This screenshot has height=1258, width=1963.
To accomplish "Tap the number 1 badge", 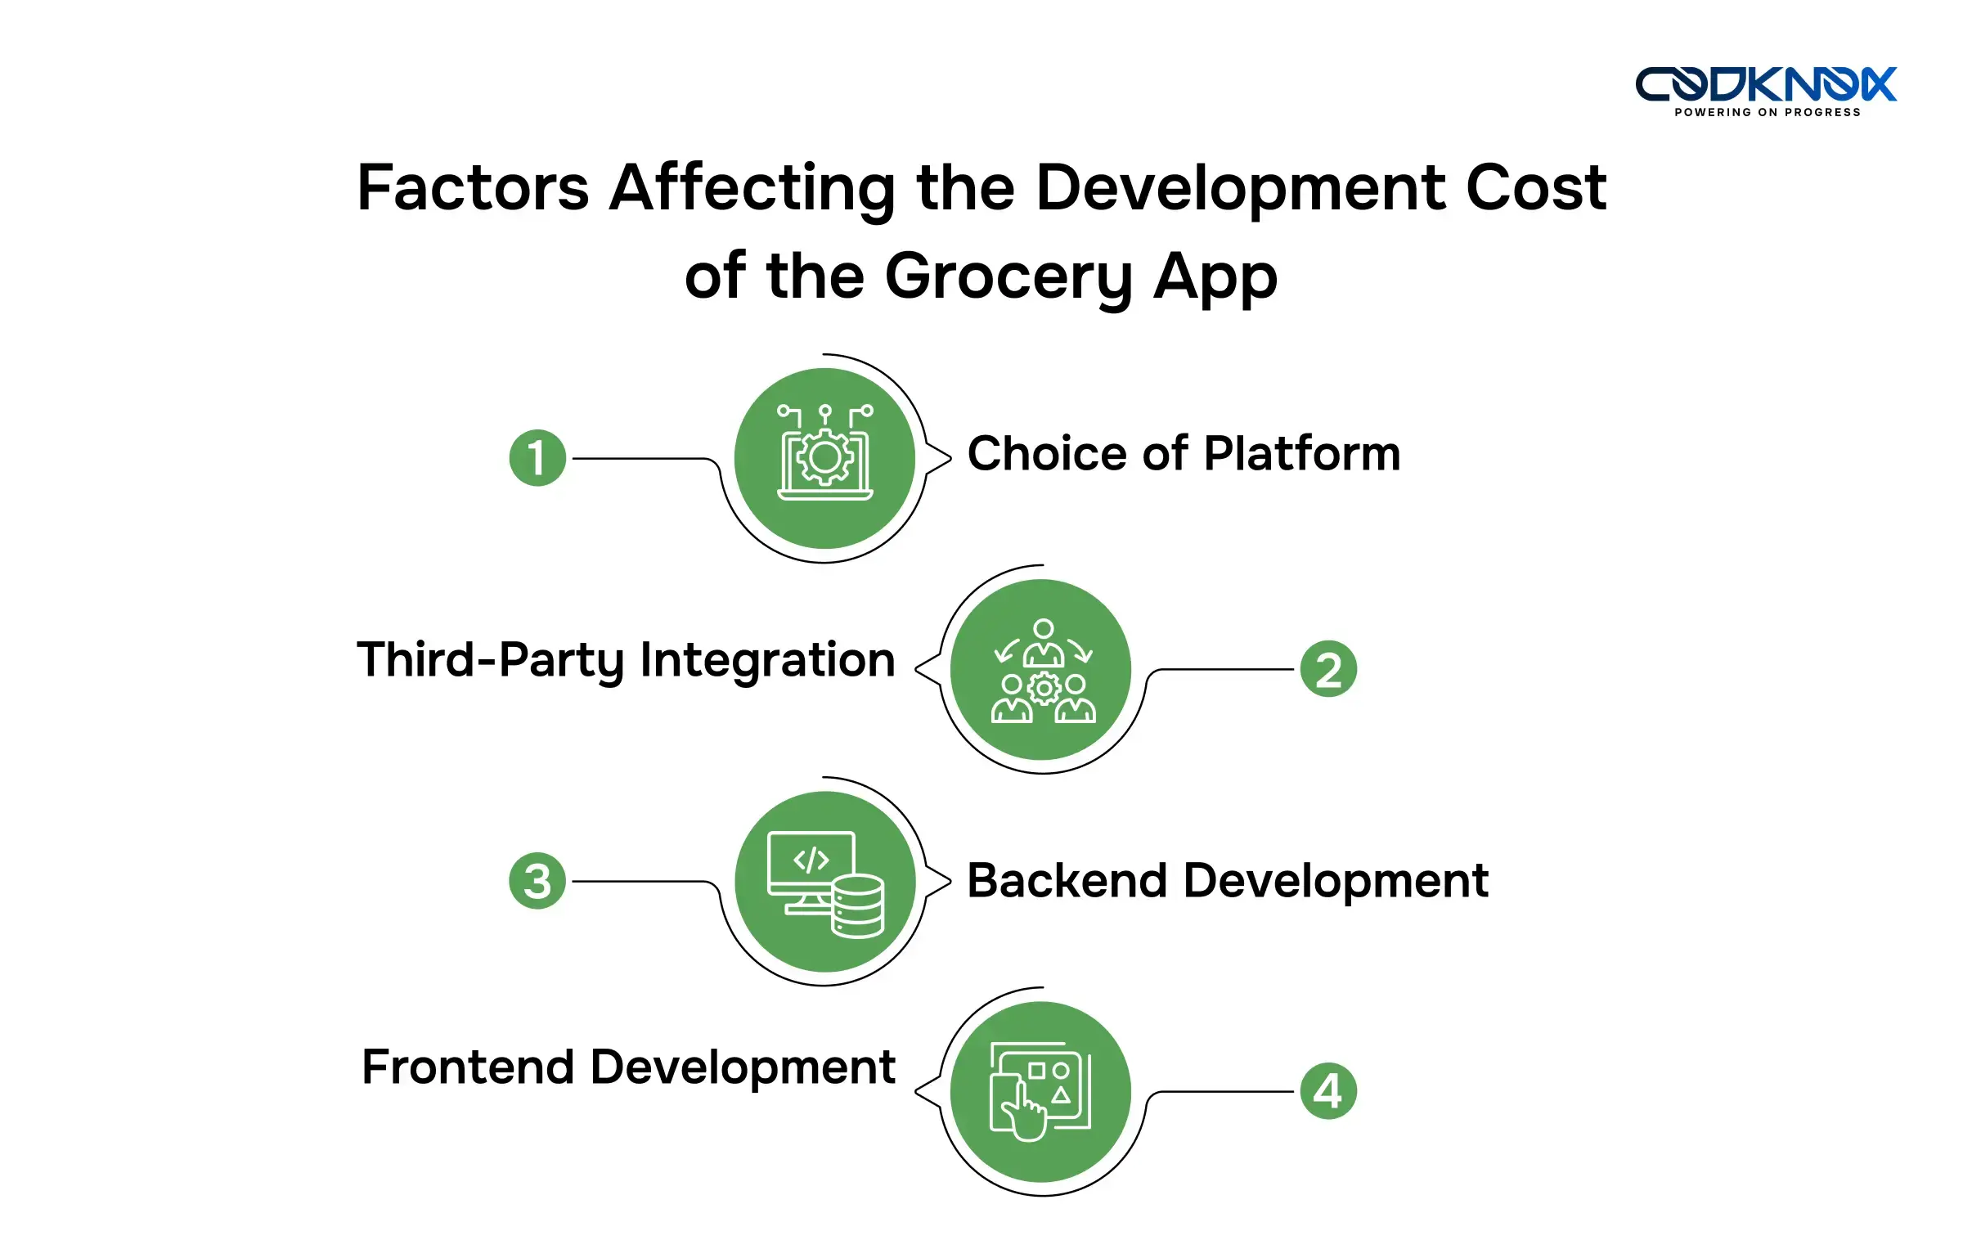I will coord(537,458).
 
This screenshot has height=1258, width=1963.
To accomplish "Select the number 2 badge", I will coord(1328,669).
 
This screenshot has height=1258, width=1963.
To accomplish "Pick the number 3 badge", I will coord(537,881).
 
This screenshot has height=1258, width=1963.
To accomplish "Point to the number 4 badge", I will coord(1328,1091).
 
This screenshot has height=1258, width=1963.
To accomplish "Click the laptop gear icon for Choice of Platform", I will coord(824,455).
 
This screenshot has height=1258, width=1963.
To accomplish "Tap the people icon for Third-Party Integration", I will coord(1042,671).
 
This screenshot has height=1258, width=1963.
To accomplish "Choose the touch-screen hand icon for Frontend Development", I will coord(1040,1091).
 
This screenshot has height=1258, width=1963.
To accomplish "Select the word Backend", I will coord(1067,881).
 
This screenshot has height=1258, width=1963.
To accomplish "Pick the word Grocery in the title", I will coord(1009,278).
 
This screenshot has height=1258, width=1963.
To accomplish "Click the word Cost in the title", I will coord(1535,187).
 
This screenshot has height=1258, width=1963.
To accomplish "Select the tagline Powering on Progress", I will coord(1767,112).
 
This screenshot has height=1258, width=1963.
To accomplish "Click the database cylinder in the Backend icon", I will coord(857,906).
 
